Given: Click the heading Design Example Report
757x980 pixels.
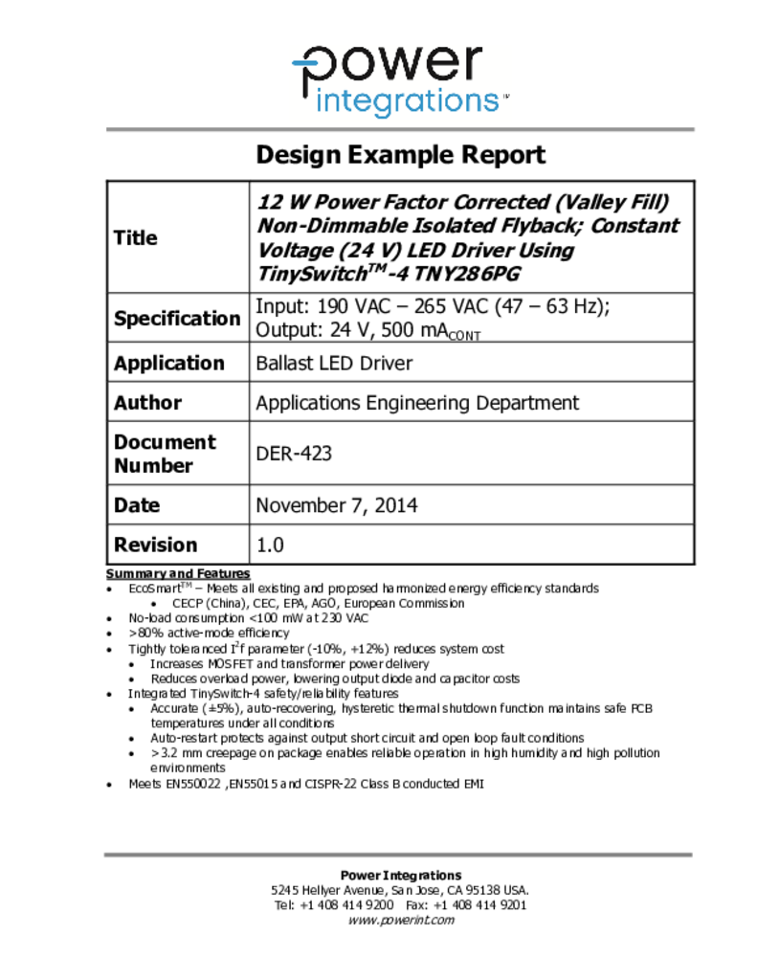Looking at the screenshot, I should [x=400, y=155].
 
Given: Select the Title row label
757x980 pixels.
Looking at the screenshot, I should [x=136, y=237].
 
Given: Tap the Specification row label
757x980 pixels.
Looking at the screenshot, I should [x=177, y=318].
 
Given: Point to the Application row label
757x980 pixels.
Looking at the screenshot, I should [x=168, y=363].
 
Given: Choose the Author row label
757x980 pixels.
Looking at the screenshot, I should [x=147, y=403].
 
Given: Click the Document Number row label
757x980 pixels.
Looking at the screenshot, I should [x=165, y=454].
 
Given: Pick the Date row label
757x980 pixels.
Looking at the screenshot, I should [x=137, y=505].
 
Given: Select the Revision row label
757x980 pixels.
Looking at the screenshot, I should [x=155, y=545].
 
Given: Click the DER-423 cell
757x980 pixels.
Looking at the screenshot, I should [x=294, y=454].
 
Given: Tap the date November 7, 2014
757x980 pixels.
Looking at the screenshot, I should [x=336, y=505].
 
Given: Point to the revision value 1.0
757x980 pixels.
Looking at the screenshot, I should [x=270, y=546].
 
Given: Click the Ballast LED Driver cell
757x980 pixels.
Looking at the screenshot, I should [x=334, y=364].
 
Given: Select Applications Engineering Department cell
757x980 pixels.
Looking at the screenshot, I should [x=416, y=403].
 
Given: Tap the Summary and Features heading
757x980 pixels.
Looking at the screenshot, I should [x=177, y=573].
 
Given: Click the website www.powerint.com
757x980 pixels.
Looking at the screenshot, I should [x=400, y=921].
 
